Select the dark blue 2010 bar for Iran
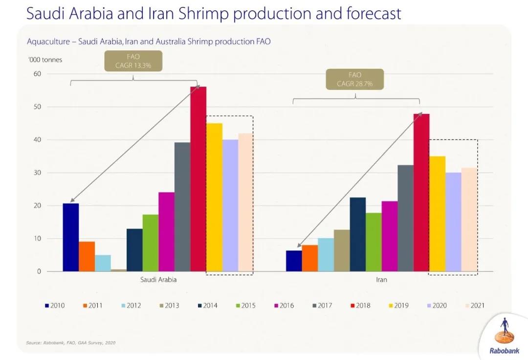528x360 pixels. pyautogui.click(x=294, y=261)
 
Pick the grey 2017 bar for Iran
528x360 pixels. pyautogui.click(x=405, y=218)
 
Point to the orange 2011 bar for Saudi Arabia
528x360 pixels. pyautogui.click(x=87, y=256)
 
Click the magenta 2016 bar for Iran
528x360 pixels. pyautogui.click(x=390, y=236)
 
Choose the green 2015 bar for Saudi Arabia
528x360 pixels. pyautogui.click(x=151, y=243)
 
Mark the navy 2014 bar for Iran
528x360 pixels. pyautogui.click(x=358, y=234)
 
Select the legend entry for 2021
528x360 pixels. pyautogui.click(x=474, y=306)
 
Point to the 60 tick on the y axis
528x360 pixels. pyautogui.click(x=37, y=74)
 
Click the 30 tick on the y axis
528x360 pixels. pyautogui.click(x=37, y=173)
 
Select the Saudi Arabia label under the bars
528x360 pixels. pyautogui.click(x=158, y=280)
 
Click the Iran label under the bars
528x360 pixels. pyautogui.click(x=381, y=280)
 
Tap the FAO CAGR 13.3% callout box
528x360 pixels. pyautogui.click(x=133, y=61)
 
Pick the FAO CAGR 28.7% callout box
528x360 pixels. pyautogui.click(x=354, y=79)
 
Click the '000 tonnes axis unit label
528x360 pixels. pyautogui.click(x=44, y=60)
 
